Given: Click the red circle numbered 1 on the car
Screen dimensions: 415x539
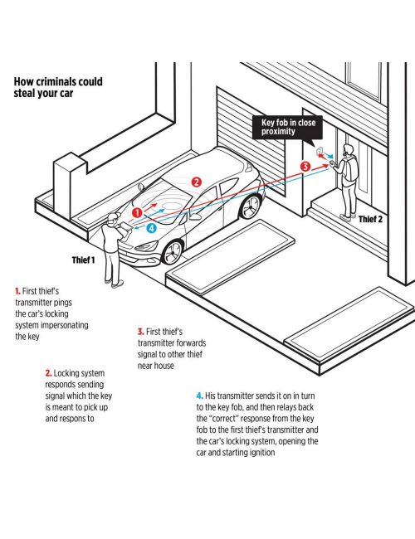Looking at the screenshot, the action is point(137,213).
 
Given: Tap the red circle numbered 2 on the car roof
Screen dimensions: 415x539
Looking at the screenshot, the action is point(196,182).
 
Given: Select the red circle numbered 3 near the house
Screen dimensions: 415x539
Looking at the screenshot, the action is point(305,167).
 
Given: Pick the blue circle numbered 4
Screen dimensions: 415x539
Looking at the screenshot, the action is point(151,228).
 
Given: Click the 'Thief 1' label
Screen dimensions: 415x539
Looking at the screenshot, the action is point(83,260).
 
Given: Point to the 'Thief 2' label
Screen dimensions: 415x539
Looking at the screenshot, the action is point(370,219).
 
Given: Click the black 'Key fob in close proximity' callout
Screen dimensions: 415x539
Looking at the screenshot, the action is point(287,128).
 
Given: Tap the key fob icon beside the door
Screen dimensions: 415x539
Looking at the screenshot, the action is point(320,151).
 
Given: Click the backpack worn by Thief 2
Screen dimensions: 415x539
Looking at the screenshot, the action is point(352,168).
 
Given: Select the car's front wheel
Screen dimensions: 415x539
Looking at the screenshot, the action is point(173,252).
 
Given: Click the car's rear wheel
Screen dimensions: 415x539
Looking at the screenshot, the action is point(251,207).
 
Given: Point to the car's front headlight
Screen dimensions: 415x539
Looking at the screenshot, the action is point(147,246).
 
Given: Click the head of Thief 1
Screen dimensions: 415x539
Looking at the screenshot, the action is point(113,219).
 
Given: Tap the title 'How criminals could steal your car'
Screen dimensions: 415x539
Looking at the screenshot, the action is point(58,87).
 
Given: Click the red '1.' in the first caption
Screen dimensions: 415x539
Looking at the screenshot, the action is point(17,291).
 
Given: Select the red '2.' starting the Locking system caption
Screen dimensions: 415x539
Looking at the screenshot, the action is point(48,373).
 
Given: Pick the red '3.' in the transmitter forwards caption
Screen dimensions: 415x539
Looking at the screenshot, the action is point(141,332).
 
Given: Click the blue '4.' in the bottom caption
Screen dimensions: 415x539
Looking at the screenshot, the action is point(200,396).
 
